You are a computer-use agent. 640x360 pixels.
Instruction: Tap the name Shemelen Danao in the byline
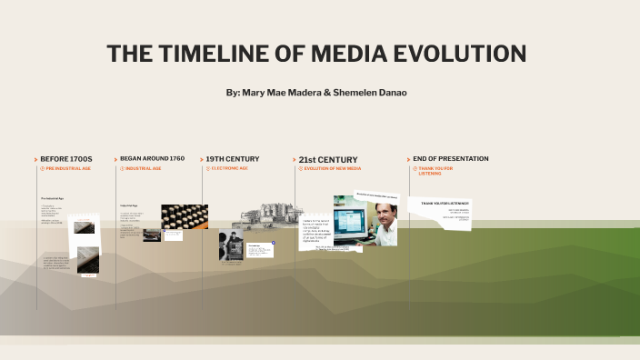(370, 93)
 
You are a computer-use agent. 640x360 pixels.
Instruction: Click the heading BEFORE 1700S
(66, 159)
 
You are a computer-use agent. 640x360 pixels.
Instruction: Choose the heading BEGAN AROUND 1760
(152, 159)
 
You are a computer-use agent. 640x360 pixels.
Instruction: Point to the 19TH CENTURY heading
(232, 159)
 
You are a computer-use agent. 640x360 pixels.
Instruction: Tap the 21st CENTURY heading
(328, 159)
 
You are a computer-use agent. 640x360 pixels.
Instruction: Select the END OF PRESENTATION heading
(450, 159)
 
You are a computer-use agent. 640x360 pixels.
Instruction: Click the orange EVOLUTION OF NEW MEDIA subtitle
(332, 168)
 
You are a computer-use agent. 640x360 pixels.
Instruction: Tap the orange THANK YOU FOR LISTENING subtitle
(435, 170)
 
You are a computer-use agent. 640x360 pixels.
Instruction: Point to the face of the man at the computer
(382, 215)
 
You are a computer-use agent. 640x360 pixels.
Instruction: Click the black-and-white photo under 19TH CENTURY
(230, 246)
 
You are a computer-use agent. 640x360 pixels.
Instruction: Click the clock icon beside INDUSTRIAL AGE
(122, 168)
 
